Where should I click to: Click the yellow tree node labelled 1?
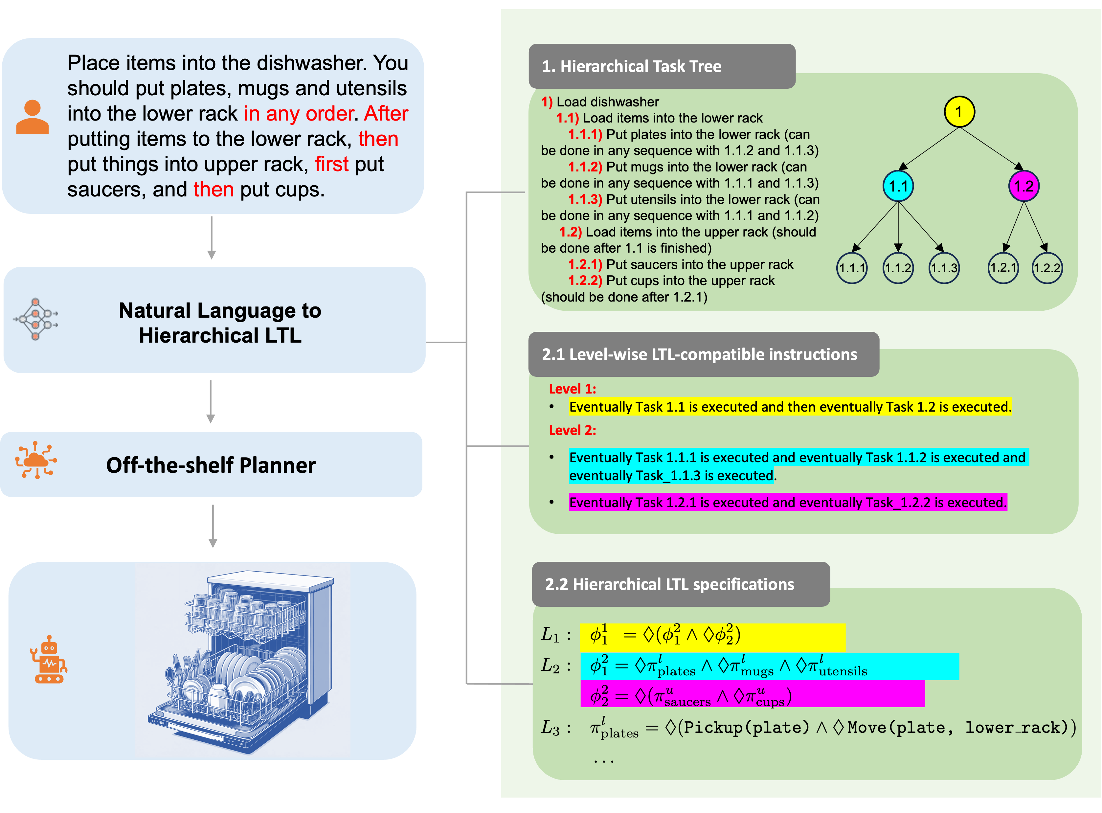click(x=959, y=112)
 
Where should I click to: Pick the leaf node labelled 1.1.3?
click(x=944, y=268)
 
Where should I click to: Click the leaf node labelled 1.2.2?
click(x=1047, y=268)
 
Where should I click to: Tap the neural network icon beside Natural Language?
click(x=35, y=319)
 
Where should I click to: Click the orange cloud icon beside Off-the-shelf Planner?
click(x=36, y=460)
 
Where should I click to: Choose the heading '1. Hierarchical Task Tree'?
click(x=632, y=66)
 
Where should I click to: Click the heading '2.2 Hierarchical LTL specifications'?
click(x=669, y=584)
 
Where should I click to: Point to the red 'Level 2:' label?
click(x=572, y=430)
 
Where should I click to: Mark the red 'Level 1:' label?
click(x=572, y=389)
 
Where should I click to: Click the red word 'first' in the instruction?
click(x=331, y=164)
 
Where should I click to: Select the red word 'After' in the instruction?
click(x=386, y=114)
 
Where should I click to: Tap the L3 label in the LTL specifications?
click(x=550, y=727)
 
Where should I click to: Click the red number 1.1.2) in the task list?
click(x=585, y=167)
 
